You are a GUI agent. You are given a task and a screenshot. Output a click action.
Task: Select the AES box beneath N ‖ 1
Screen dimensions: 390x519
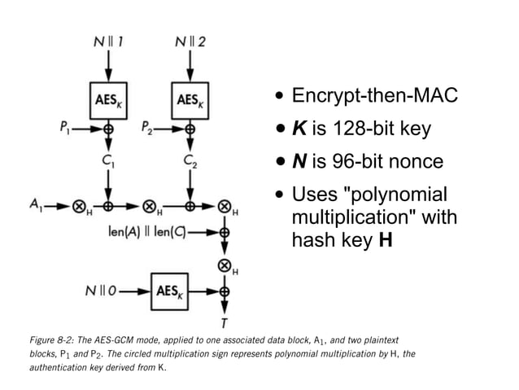[107, 100]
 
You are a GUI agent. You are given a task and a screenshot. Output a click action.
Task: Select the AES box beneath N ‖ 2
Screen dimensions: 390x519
[190, 100]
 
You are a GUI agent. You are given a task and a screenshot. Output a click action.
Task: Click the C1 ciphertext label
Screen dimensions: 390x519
[107, 160]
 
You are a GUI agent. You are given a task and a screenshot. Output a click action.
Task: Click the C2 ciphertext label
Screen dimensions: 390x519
[190, 160]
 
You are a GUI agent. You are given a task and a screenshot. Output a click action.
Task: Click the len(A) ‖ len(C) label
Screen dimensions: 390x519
[146, 231]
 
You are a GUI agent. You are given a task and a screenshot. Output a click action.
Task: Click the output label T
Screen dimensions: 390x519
[224, 323]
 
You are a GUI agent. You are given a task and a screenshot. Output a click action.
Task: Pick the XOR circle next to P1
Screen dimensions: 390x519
[107, 129]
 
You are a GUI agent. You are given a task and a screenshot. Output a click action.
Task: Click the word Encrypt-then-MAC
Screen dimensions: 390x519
[374, 98]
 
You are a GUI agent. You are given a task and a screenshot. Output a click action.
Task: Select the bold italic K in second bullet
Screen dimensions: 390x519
[299, 129]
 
